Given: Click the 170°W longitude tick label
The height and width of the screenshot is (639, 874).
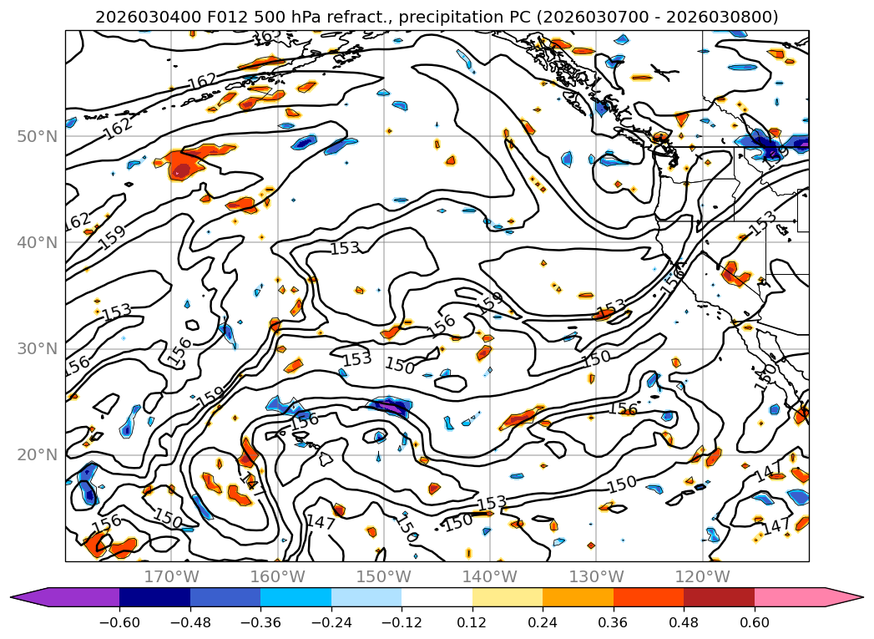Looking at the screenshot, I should click(171, 577).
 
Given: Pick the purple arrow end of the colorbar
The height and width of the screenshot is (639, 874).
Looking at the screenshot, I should click(29, 597).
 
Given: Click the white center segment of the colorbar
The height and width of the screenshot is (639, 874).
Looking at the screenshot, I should click(437, 597).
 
